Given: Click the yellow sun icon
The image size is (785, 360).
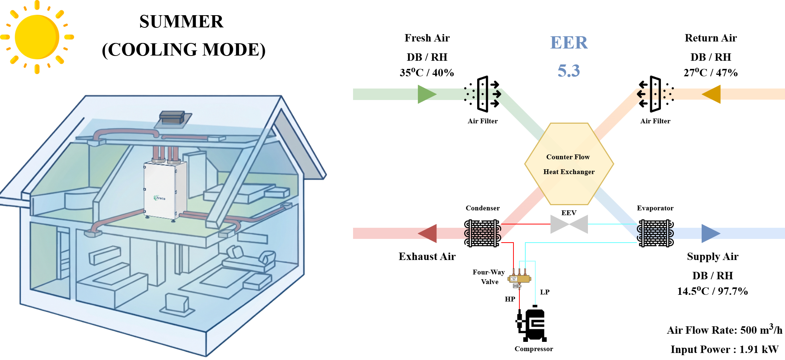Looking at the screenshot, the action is [37, 37].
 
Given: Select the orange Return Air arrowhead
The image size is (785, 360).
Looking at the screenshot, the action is [711, 94].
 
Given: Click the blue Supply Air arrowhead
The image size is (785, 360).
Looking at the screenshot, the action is [711, 233].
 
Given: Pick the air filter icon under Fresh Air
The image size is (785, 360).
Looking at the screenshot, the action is [483, 94].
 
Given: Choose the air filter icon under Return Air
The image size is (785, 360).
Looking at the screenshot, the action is [655, 94].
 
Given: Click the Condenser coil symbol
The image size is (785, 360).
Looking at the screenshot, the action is [483, 233].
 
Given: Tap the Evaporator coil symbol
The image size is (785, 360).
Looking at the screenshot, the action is [655, 233].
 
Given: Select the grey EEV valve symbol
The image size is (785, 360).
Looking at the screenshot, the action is [569, 224].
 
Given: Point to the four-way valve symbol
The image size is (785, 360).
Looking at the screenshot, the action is [519, 278].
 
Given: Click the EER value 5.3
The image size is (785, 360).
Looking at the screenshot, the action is [569, 70].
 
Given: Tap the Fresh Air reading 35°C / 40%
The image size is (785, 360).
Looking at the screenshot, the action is [427, 73].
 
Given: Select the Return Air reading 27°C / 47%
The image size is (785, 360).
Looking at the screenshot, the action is [711, 73].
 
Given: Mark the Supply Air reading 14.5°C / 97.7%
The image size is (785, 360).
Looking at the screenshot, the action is [712, 291].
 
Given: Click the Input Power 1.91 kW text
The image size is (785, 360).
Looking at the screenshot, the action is [725, 349].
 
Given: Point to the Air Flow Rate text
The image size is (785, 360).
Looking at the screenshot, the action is [725, 329].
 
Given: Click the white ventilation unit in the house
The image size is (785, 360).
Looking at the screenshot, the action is [165, 190].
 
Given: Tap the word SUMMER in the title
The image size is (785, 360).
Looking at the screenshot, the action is [182, 21].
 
